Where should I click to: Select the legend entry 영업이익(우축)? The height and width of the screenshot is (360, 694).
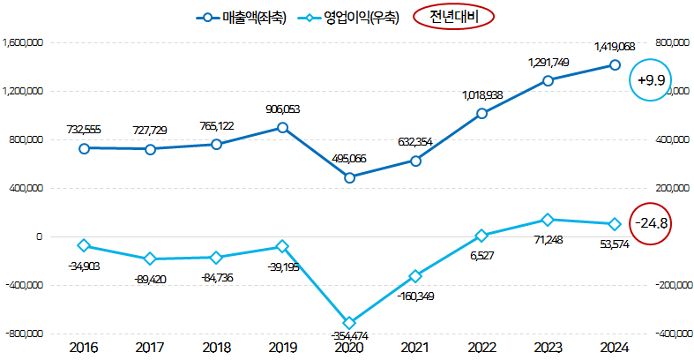[351, 17]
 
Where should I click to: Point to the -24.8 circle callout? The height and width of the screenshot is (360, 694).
[653, 222]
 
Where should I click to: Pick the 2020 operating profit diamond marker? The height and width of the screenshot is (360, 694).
[349, 323]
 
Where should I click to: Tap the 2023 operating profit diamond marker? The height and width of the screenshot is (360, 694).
[548, 220]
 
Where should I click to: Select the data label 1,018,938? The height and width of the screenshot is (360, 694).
[481, 94]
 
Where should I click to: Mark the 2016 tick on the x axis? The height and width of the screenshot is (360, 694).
[84, 348]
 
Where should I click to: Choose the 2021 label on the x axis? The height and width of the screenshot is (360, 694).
[415, 348]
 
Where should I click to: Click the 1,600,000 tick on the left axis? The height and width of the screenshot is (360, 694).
[23, 42]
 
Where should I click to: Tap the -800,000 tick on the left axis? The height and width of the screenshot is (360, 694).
[25, 334]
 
